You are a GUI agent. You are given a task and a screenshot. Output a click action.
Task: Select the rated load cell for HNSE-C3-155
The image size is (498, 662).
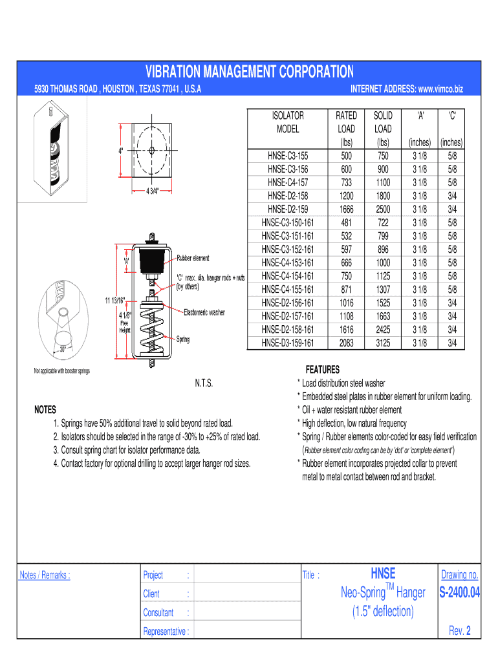(346, 156)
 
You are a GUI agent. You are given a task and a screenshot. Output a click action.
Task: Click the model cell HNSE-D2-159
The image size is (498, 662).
(288, 209)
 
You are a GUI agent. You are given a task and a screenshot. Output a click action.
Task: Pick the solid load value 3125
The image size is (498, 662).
(383, 343)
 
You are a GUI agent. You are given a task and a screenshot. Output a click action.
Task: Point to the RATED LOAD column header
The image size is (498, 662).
(346, 122)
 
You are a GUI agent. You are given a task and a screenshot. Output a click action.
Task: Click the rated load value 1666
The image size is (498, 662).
(346, 209)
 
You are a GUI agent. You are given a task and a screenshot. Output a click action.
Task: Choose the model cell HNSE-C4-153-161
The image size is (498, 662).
(288, 263)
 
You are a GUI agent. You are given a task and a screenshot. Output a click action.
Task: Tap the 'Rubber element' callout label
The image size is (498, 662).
(193, 259)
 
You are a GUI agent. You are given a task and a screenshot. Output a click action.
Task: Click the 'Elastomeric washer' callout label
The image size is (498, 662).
(204, 312)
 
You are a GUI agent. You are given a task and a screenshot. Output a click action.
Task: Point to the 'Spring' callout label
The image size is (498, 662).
(183, 338)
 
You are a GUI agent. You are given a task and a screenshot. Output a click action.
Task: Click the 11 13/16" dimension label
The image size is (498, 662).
(114, 300)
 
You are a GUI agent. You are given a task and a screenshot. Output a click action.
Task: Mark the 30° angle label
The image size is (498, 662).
(63, 348)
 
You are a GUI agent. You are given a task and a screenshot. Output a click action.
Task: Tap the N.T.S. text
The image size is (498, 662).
(204, 383)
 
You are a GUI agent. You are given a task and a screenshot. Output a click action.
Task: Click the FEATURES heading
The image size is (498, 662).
(323, 370)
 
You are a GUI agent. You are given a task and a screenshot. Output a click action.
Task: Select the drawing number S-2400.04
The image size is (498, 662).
(459, 593)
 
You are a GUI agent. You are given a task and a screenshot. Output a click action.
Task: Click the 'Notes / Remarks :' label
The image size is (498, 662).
(45, 575)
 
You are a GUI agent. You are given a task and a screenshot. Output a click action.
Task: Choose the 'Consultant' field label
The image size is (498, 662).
(158, 613)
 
